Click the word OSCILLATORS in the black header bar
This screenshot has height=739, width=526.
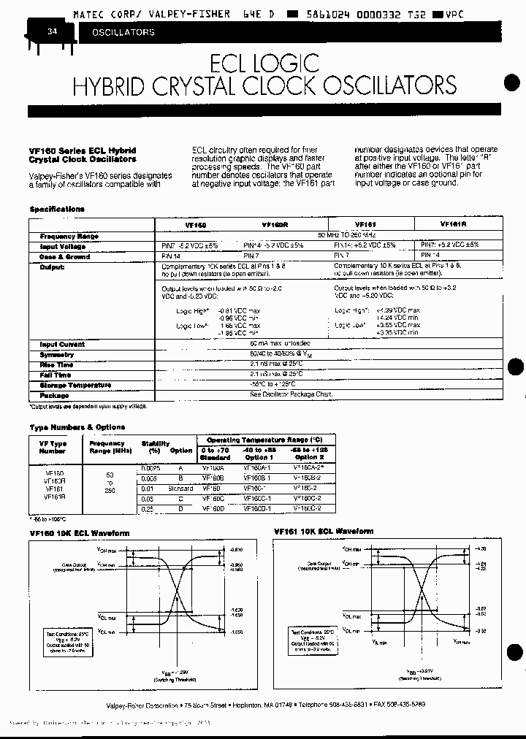click(123, 33)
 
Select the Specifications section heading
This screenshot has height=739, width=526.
click(57, 209)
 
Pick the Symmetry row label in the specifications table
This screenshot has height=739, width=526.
click(57, 354)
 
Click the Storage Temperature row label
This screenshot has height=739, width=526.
click(75, 385)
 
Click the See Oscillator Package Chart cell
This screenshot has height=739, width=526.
click(290, 394)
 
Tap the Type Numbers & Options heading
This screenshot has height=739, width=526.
click(77, 427)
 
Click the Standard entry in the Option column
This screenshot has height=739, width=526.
click(180, 488)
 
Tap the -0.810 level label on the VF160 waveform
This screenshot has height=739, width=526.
click(236, 549)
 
